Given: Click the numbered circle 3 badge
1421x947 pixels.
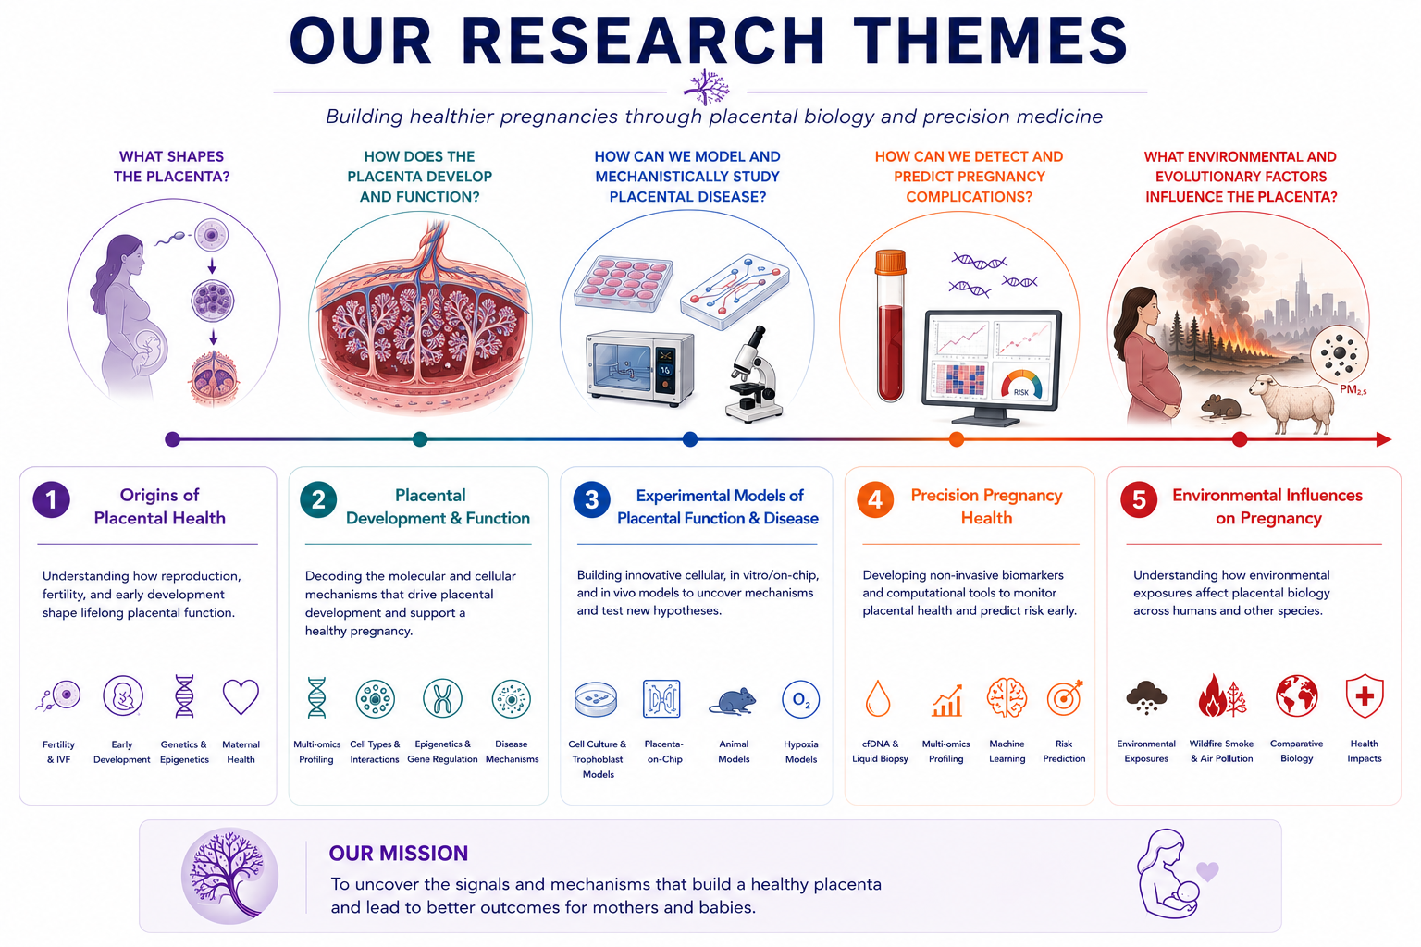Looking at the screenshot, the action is click(591, 499).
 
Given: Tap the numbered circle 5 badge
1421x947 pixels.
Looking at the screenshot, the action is click(1139, 499).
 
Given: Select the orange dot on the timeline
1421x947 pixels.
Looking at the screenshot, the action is click(957, 439).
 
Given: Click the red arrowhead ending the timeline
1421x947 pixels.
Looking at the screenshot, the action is click(1384, 439).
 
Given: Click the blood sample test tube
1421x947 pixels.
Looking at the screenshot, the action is click(891, 326).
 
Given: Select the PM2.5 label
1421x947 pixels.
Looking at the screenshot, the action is click(1353, 390).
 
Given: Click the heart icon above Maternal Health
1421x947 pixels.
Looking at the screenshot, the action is click(241, 696).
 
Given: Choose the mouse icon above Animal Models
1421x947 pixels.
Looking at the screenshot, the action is click(734, 702).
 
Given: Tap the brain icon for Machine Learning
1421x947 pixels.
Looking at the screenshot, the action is click(1007, 697).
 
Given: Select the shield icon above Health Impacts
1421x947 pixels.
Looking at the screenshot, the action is click(1365, 695).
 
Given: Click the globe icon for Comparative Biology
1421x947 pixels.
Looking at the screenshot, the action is click(1297, 695).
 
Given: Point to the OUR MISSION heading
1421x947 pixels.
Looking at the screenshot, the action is click(399, 853).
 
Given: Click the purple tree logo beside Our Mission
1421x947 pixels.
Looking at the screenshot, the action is click(229, 875).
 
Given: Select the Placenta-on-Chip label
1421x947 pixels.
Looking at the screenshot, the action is click(664, 751).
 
